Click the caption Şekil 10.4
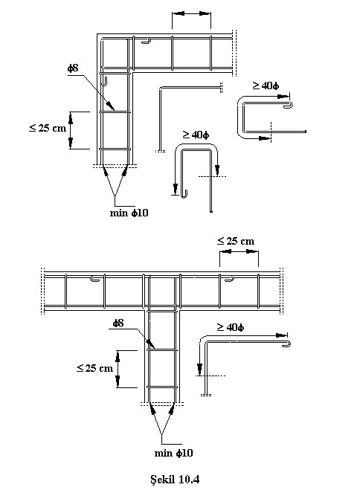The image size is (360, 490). (x=175, y=479)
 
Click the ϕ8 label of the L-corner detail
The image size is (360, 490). (x=73, y=68)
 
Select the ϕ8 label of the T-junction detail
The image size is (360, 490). (x=118, y=323)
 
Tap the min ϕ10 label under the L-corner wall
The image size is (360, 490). (x=129, y=213)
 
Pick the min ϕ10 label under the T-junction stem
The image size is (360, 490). (x=174, y=453)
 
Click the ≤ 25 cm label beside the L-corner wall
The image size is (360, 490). (x=48, y=128)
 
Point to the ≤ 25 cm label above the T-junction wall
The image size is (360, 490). (x=236, y=241)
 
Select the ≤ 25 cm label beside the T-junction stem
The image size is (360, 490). (x=94, y=368)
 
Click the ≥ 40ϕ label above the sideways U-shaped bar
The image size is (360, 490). (x=266, y=86)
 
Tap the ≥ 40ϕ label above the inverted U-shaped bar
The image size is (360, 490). (x=196, y=135)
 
